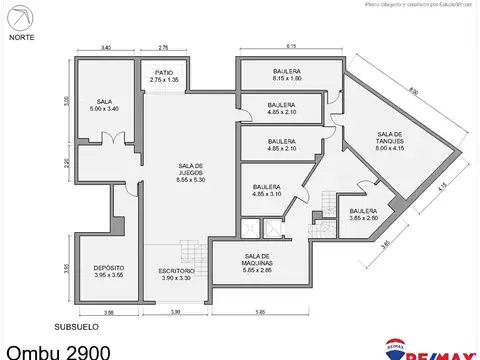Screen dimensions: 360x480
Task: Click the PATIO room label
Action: tap(163, 74)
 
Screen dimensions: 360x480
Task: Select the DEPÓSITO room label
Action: tap(108, 271)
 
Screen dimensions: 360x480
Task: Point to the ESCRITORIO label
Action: tap(175, 274)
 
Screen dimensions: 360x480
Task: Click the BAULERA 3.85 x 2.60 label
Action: tap(363, 215)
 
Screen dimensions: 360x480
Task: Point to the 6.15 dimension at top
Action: tap(291, 47)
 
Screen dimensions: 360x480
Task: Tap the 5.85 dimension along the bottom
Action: tap(259, 313)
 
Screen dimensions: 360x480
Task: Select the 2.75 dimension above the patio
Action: tap(163, 47)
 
